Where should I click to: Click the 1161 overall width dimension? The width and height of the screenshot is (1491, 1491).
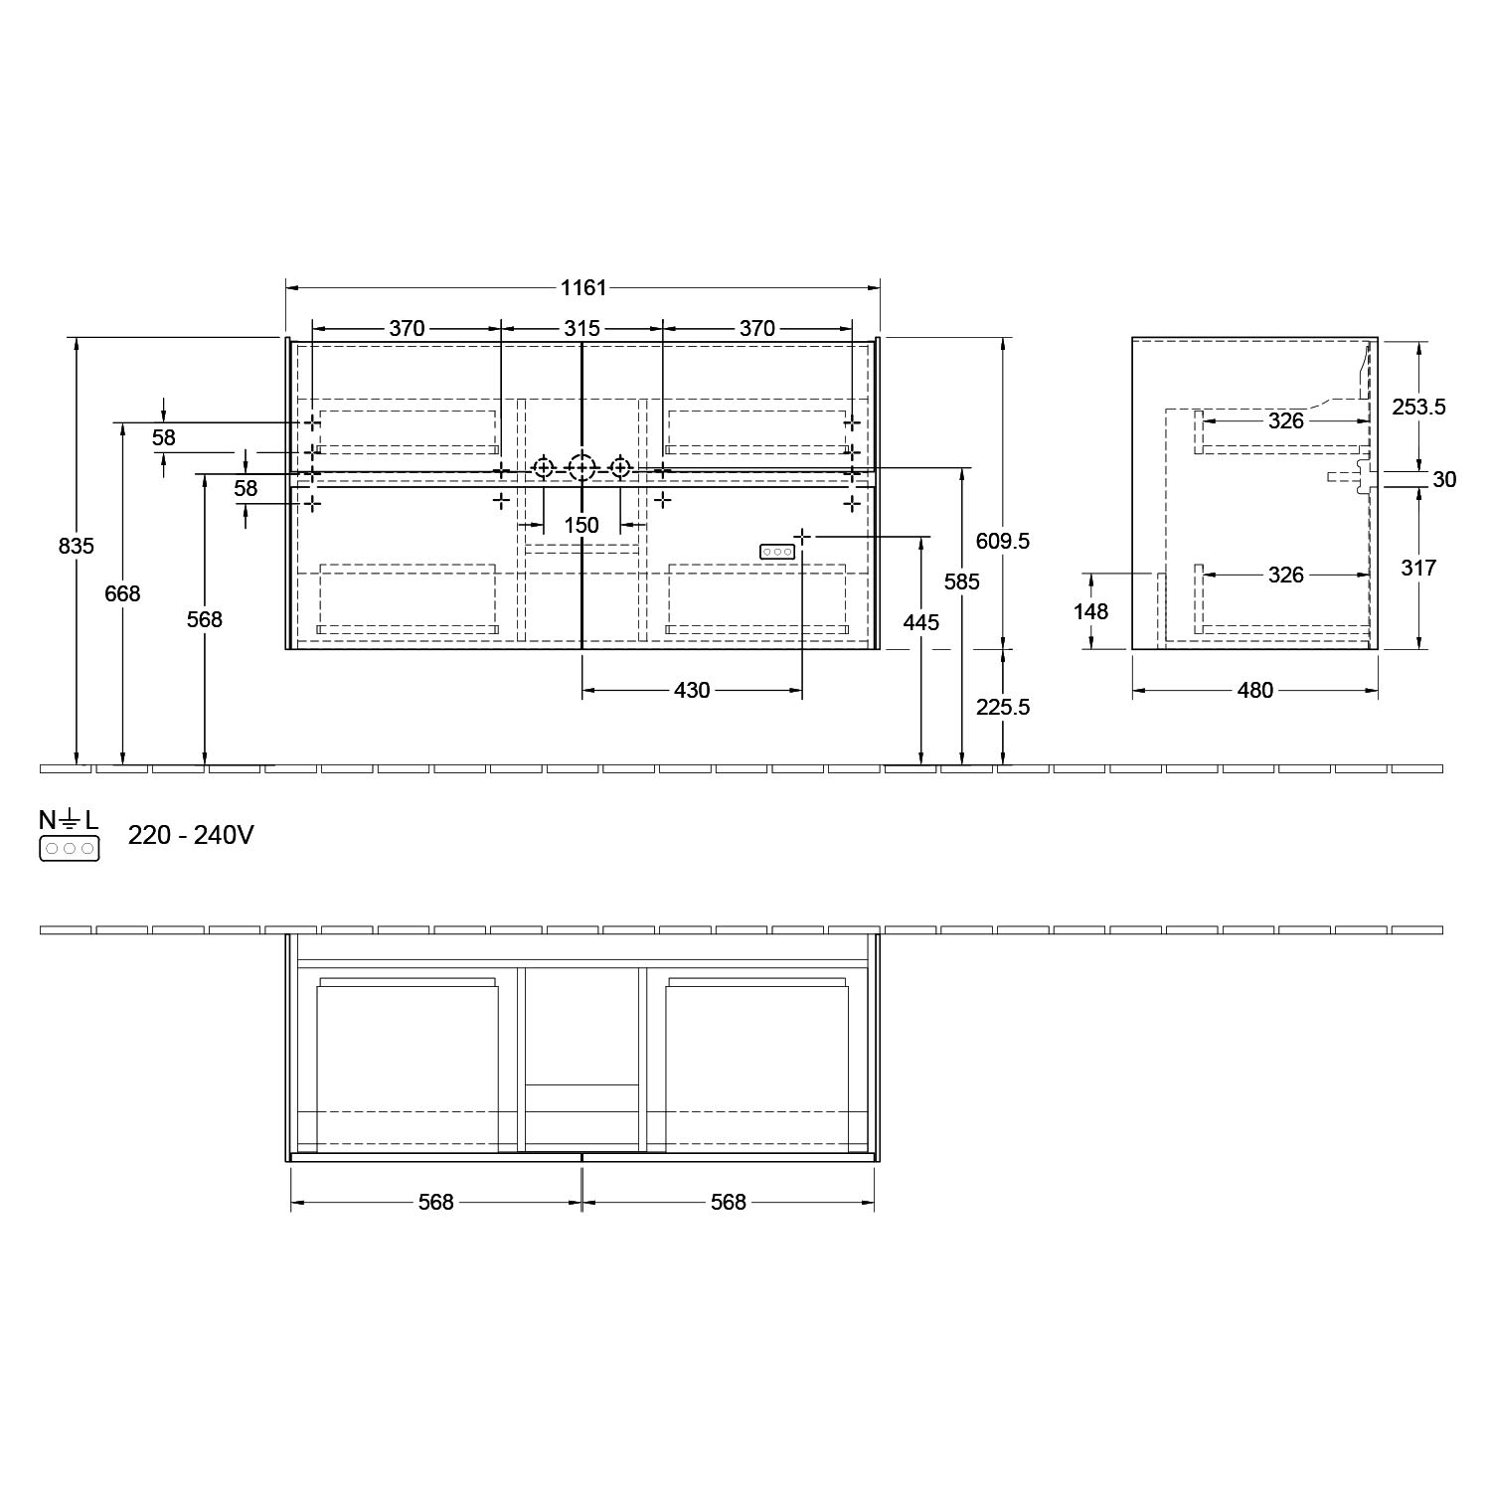click(x=583, y=288)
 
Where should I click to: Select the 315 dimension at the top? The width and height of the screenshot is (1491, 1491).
click(x=581, y=328)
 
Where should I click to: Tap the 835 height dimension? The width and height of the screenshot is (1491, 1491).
click(x=77, y=546)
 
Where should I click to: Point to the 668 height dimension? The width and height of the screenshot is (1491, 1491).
click(x=122, y=593)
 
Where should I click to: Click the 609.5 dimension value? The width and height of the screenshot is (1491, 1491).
click(x=1003, y=541)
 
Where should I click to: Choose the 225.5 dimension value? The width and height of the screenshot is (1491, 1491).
click(x=1003, y=707)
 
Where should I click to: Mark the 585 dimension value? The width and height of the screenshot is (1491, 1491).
click(x=962, y=581)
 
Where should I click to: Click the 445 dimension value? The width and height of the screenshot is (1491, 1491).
click(x=921, y=622)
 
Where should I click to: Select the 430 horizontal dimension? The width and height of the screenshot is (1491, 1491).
click(x=692, y=690)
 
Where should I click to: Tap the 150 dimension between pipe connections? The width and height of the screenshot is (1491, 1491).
click(x=581, y=525)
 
